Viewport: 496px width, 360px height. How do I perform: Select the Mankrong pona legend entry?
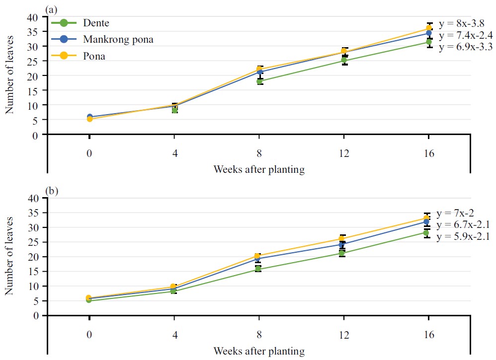(x=118, y=40)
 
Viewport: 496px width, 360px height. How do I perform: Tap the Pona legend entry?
(x=94, y=56)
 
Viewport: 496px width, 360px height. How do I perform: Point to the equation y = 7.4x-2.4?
(x=466, y=35)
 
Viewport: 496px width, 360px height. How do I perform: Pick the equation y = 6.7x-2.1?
(x=463, y=225)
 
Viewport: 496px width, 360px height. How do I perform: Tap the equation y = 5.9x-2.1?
(x=463, y=236)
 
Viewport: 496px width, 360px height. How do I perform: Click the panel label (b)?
(x=51, y=190)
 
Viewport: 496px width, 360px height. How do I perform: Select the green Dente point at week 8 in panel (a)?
(x=259, y=81)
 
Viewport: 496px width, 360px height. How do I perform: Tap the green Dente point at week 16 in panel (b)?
(x=427, y=233)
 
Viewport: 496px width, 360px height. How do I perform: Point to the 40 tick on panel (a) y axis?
(x=33, y=17)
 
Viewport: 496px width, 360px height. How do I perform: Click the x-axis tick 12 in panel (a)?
(x=343, y=153)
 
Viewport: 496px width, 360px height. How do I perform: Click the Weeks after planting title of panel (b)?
(x=258, y=351)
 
